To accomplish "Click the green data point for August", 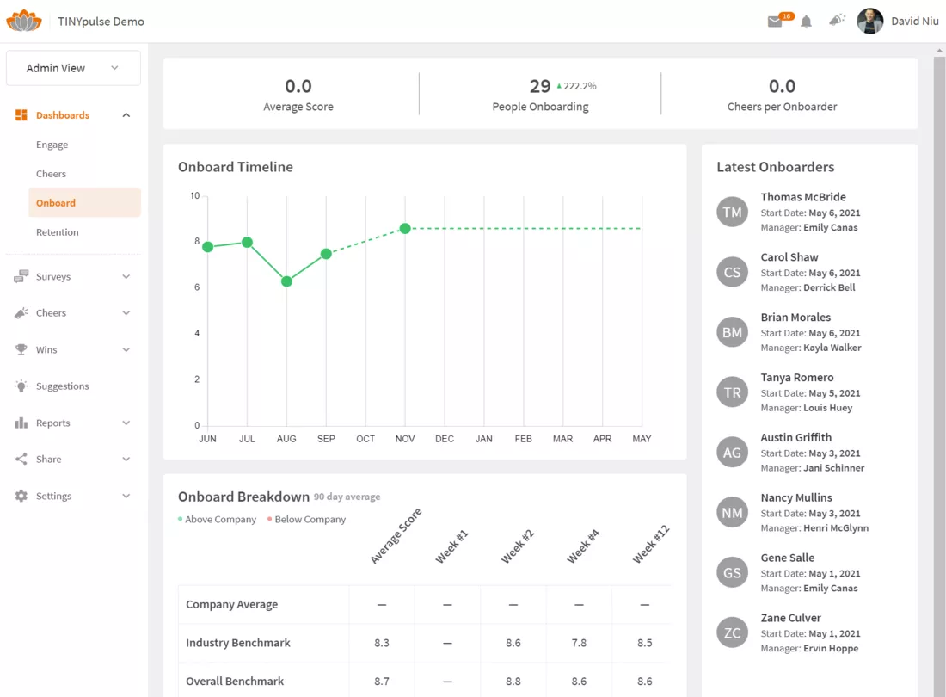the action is (x=286, y=281).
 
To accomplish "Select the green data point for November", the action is (x=405, y=228).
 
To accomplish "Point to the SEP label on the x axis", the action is (x=326, y=439).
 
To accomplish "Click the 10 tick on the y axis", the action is (x=194, y=195).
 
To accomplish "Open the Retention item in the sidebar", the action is (x=58, y=232).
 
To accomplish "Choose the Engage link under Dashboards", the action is (x=52, y=145).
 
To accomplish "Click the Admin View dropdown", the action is (x=73, y=68).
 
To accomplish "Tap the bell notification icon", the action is (x=806, y=22).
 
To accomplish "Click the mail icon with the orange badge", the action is (x=775, y=22).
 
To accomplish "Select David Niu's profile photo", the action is (x=870, y=22).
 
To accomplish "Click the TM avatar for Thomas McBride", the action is (x=733, y=212).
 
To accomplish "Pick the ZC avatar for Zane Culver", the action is (x=733, y=632).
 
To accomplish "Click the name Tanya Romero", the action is (x=797, y=377).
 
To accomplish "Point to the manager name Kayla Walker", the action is (x=832, y=348).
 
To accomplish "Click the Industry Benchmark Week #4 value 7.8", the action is (x=579, y=643).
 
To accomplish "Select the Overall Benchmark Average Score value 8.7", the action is (x=382, y=682).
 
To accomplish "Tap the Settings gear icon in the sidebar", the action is (x=21, y=496).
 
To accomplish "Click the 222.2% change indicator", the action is (x=576, y=86).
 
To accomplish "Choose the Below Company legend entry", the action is (x=306, y=520).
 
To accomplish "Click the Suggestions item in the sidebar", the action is (x=62, y=386).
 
